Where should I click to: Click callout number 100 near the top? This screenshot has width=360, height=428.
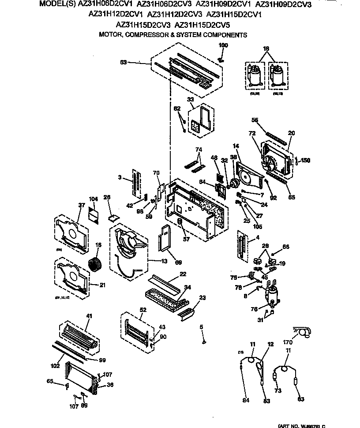coord(223,45)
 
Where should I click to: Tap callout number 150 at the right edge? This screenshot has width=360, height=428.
coord(305,161)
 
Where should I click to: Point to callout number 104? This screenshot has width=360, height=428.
coord(93,199)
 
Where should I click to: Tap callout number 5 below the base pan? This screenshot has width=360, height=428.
coord(201,327)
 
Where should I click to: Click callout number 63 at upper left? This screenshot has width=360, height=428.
coord(124,62)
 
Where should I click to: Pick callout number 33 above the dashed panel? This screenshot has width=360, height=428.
coord(191,100)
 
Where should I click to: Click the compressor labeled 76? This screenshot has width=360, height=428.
coord(271,294)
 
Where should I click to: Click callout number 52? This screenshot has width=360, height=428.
coord(142,310)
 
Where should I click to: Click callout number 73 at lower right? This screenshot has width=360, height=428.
coord(278,390)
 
